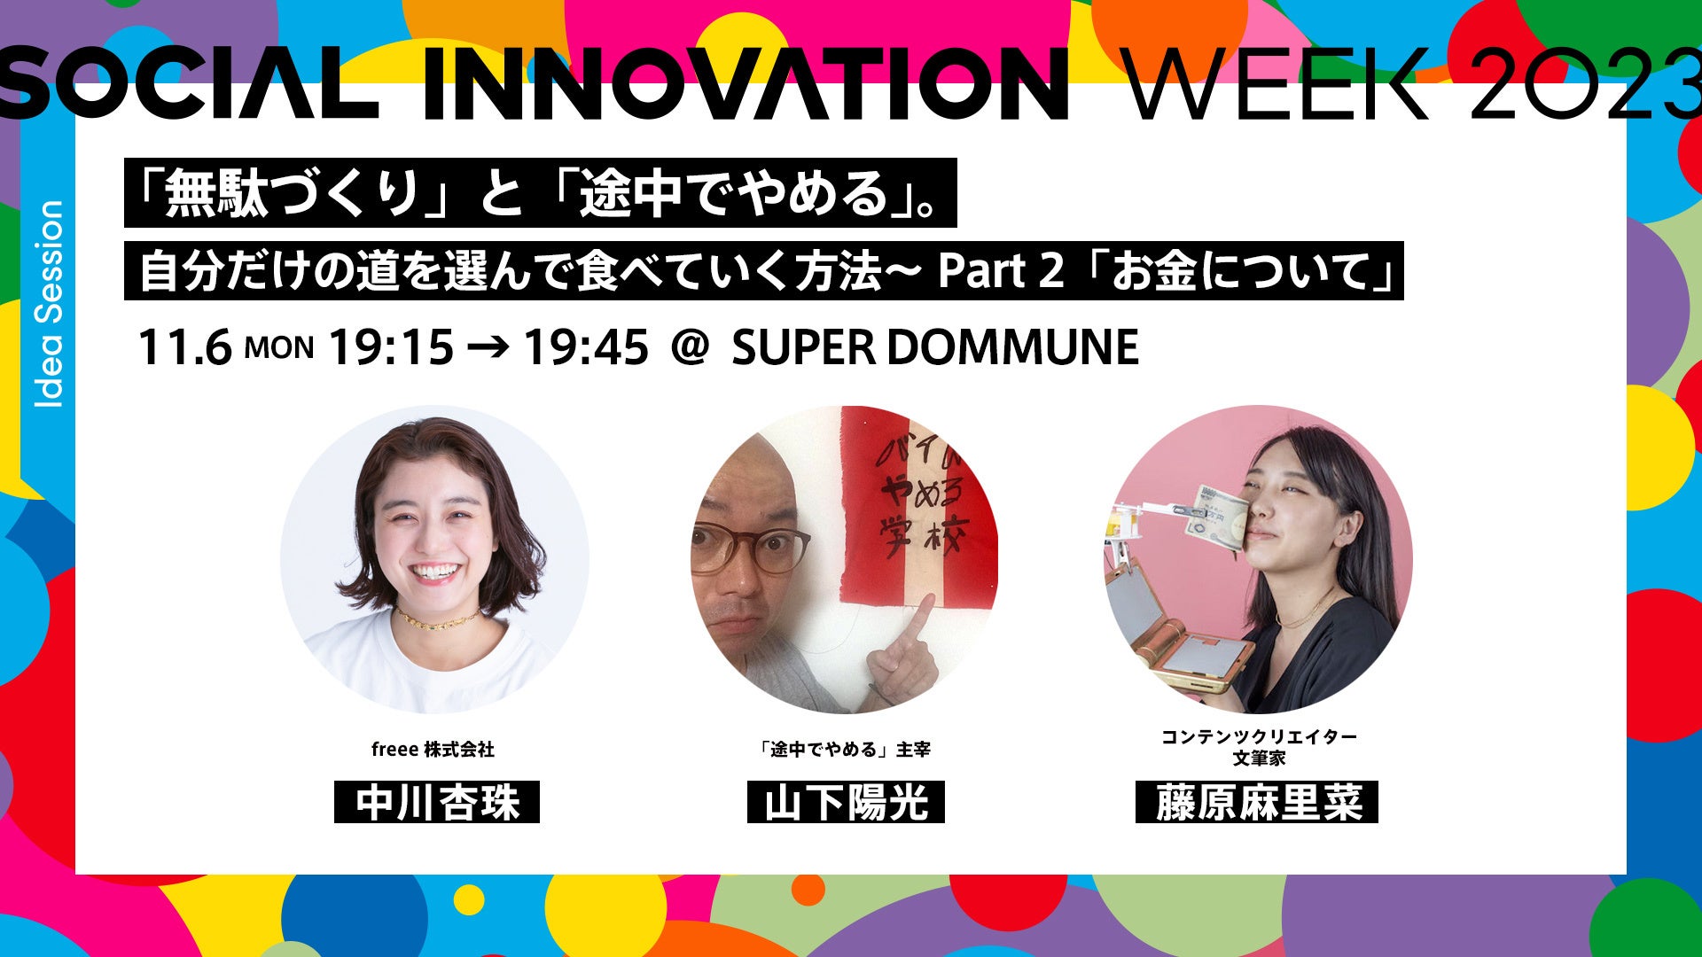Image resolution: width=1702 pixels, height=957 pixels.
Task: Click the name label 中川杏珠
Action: (437, 802)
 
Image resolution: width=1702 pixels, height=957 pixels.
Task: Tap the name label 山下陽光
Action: (846, 802)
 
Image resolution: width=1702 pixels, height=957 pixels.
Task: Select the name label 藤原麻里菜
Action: (1257, 802)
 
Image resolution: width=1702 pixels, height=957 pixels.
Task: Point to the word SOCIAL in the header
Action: (189, 84)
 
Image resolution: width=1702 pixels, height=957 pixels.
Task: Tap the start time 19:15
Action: (391, 346)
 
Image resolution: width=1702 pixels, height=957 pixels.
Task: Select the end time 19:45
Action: (586, 346)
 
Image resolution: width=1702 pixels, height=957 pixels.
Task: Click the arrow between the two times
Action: (488, 346)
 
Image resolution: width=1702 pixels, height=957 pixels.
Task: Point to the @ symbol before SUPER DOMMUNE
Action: (691, 346)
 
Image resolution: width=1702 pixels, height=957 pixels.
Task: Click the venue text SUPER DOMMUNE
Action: (935, 346)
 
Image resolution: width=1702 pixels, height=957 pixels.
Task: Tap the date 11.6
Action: (184, 346)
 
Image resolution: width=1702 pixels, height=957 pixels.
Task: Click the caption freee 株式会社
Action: (433, 750)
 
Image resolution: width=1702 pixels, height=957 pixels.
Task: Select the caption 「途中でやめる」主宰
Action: (846, 750)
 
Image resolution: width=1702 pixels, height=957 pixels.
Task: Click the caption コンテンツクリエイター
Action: (1259, 737)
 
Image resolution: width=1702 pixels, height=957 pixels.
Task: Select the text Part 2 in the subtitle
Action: (1000, 271)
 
